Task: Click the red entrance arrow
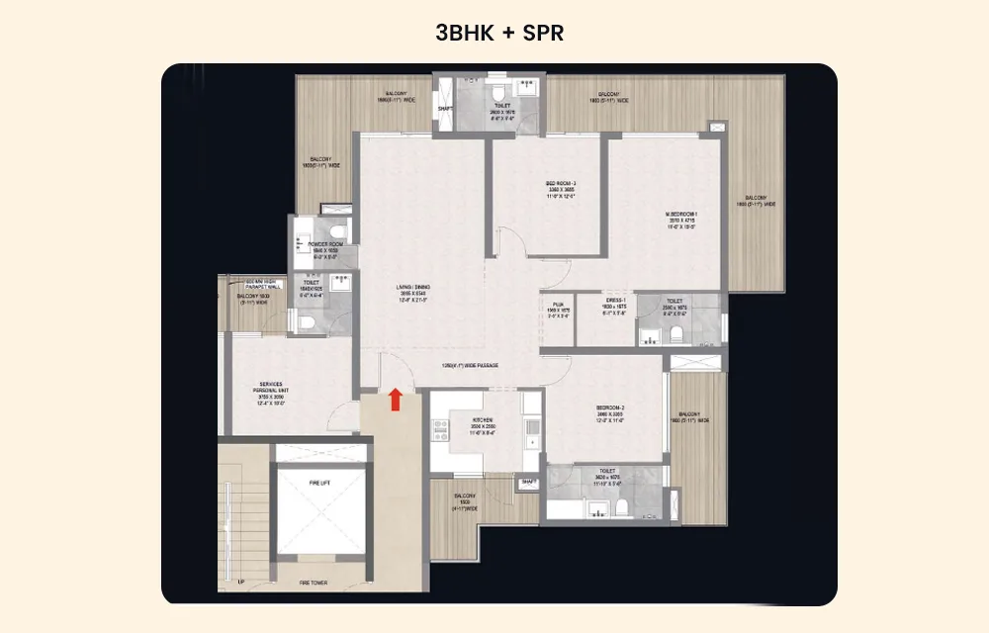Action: coord(396,399)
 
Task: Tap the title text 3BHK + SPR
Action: coord(499,32)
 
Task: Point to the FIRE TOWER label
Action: coord(314,584)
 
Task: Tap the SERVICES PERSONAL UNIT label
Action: coord(271,387)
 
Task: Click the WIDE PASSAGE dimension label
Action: coord(470,366)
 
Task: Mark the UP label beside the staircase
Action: coord(241,583)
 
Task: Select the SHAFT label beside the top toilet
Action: coord(445,109)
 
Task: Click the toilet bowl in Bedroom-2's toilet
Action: coord(622,508)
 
